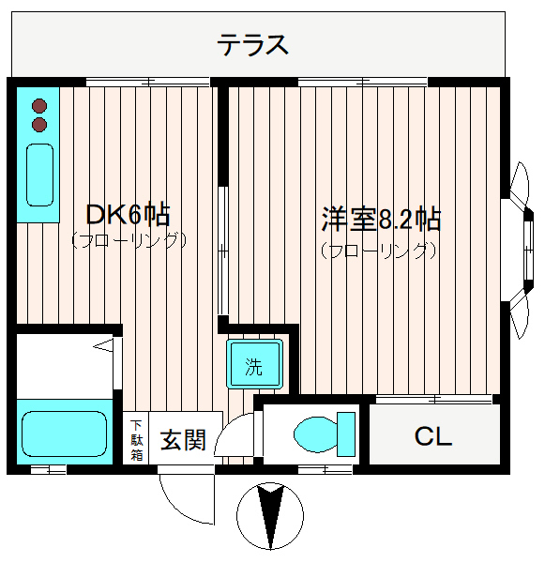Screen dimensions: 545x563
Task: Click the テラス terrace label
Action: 252,45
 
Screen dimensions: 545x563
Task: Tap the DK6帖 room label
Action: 128,215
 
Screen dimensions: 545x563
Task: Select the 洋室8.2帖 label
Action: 381,219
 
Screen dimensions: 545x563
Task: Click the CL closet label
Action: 433,436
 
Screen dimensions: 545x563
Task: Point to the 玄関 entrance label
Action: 183,440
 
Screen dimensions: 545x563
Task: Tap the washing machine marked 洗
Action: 254,364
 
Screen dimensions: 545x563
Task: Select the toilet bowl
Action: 315,434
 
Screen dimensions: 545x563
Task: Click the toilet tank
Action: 346,434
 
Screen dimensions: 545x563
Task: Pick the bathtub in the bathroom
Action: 65,434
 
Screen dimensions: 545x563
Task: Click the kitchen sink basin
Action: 39,175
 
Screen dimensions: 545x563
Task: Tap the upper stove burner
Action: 39,106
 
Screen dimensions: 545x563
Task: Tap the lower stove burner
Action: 39,124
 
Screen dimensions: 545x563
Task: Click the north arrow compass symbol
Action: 270,515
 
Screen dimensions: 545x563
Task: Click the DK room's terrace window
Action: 148,83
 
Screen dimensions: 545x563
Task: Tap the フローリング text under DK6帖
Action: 129,240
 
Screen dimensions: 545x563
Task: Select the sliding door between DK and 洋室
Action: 223,251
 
